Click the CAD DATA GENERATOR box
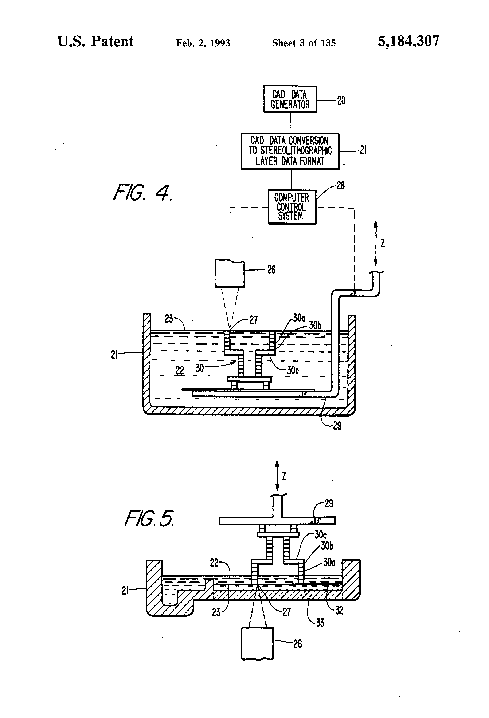coord(290,99)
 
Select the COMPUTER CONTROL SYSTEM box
coord(292,207)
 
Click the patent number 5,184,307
coord(408,42)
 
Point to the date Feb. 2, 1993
coord(203,43)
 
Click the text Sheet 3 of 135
coord(304,43)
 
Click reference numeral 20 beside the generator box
coord(341,100)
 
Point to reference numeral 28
coord(340,186)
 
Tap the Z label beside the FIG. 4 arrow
coord(383,244)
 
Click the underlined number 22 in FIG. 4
coord(180,370)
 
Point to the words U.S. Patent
coord(95,42)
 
